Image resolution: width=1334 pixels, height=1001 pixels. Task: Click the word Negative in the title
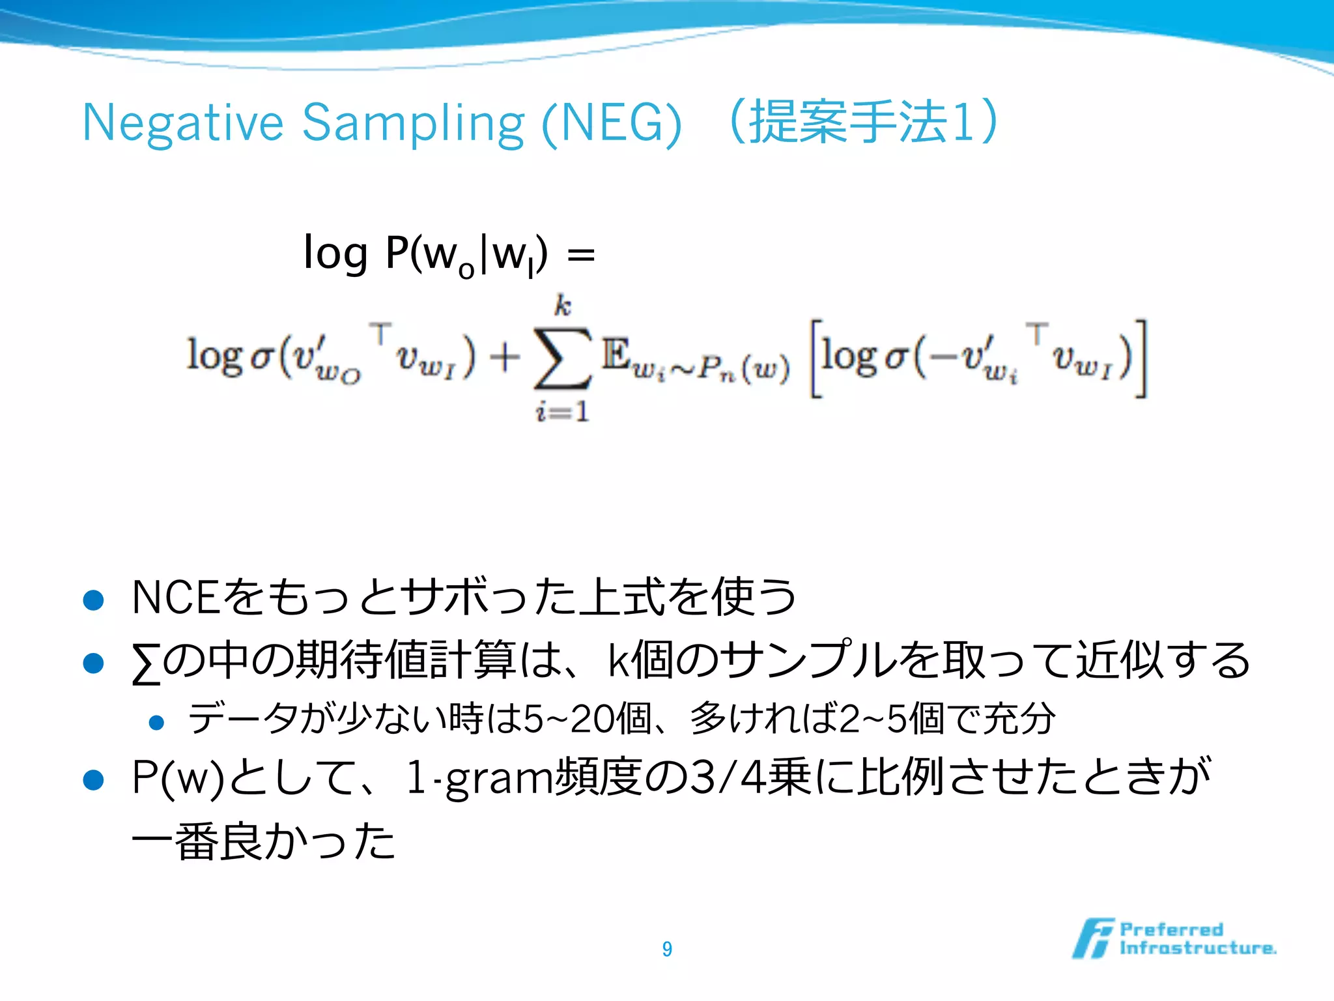coord(183,123)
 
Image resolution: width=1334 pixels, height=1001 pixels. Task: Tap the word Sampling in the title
coord(413,123)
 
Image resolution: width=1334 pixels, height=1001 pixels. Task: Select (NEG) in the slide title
coord(612,123)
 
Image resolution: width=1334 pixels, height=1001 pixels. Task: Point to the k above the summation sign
coord(563,306)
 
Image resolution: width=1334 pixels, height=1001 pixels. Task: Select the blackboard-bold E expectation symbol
coord(616,355)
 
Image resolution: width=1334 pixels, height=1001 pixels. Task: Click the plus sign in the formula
coord(505,358)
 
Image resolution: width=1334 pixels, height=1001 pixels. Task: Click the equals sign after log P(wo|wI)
coord(581,254)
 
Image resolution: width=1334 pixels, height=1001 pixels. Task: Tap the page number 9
coord(667,949)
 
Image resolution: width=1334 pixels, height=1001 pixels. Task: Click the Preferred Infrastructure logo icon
coord(1093,938)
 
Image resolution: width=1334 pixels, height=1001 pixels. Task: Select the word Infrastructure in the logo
coord(1197,948)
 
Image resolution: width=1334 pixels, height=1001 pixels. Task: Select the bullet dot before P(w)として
coord(94,779)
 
